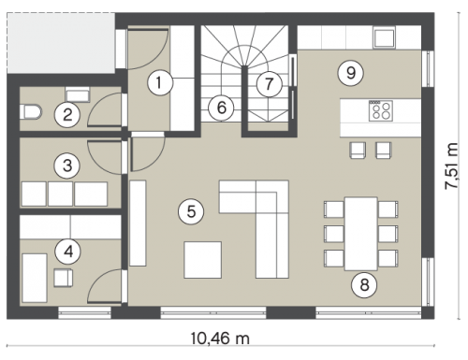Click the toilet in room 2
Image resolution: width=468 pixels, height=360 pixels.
click(30, 111)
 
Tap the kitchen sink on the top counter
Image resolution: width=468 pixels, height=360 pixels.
click(384, 37)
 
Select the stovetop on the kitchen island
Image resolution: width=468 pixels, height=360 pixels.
click(381, 111)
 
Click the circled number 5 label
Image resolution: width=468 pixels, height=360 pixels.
click(191, 212)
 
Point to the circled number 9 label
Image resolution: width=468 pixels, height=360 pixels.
click(351, 73)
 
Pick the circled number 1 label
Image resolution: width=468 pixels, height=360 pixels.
click(160, 83)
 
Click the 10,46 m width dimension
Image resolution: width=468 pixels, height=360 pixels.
click(220, 338)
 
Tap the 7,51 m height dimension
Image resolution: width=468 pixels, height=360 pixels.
click(451, 166)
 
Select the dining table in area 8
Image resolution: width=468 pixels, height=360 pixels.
click(361, 234)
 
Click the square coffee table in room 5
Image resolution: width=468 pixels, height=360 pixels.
click(203, 260)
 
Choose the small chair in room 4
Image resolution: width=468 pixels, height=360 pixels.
click(64, 278)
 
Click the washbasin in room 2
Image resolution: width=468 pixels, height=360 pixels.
click(78, 94)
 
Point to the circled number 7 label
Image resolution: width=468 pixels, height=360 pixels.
click(269, 84)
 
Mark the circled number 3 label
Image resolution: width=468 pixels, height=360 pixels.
click(67, 166)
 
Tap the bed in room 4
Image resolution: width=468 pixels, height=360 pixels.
click(35, 278)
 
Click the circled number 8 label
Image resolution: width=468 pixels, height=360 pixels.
click(364, 285)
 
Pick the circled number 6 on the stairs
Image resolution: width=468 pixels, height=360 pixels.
click(221, 108)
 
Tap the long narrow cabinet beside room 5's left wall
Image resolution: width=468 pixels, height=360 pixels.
click(138, 223)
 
